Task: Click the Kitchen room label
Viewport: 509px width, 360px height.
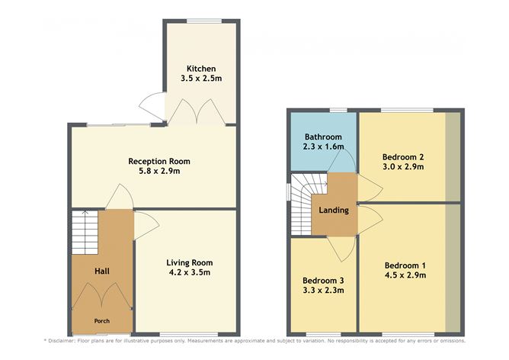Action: [201, 69]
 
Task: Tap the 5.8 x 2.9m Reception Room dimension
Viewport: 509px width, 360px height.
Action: [159, 171]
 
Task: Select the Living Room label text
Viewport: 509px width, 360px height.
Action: [190, 262]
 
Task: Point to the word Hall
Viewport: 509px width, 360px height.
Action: [102, 271]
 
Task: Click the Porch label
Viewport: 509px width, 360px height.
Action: [102, 321]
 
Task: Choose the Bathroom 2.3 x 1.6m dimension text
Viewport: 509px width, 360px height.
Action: [323, 146]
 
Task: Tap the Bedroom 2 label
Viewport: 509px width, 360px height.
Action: [403, 157]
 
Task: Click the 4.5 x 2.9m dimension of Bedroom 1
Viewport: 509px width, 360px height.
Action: [405, 275]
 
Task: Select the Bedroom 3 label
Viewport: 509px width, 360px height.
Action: [323, 281]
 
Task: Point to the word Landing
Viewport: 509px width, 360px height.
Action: [334, 211]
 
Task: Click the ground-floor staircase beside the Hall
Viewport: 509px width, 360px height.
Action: [85, 233]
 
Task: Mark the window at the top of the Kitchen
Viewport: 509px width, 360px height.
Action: [204, 21]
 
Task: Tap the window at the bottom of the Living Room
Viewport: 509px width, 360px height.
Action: [189, 334]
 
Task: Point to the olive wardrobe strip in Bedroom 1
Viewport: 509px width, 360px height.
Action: [453, 268]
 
